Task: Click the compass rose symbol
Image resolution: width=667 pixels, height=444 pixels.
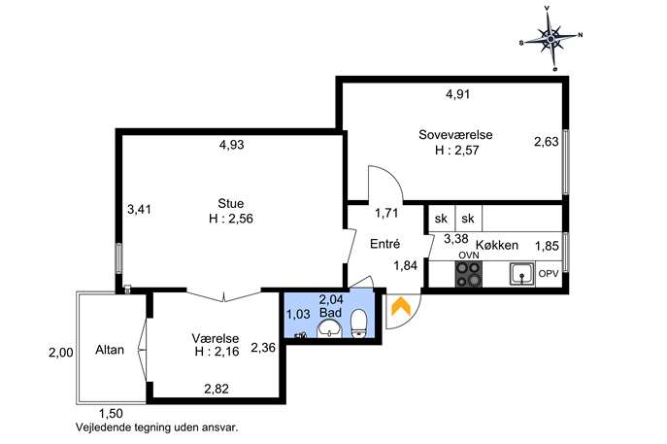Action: coord(550,39)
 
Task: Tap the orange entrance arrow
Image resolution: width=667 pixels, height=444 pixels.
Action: coord(401,306)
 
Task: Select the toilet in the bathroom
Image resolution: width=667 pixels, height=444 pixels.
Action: coord(359,324)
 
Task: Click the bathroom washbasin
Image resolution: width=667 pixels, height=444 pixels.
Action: coord(329,329)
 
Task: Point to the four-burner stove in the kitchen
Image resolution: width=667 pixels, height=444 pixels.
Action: coord(469,274)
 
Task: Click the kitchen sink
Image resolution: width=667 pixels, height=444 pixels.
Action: coord(522,274)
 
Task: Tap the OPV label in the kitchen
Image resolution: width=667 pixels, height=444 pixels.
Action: coord(549,274)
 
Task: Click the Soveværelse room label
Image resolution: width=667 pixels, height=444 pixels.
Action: coord(455,135)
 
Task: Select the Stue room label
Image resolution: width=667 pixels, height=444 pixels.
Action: coord(230,203)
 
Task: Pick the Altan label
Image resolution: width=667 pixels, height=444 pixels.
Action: coord(110,350)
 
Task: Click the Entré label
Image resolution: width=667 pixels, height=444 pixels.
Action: coord(385,244)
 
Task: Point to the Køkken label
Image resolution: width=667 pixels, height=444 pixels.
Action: coord(497,245)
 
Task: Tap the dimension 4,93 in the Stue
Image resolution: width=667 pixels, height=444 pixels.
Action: coord(232,145)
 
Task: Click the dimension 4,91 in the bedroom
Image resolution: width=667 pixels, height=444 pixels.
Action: coord(457,94)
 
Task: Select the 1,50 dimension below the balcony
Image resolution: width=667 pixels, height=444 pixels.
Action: coord(111,413)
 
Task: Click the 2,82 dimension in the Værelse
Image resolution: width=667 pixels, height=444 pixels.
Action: coord(217,389)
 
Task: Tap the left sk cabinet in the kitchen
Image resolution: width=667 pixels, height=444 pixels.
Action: coord(442,219)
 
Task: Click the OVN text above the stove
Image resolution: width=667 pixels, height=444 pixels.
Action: coord(469,256)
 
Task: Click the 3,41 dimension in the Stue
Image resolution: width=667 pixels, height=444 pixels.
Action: coord(139,210)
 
